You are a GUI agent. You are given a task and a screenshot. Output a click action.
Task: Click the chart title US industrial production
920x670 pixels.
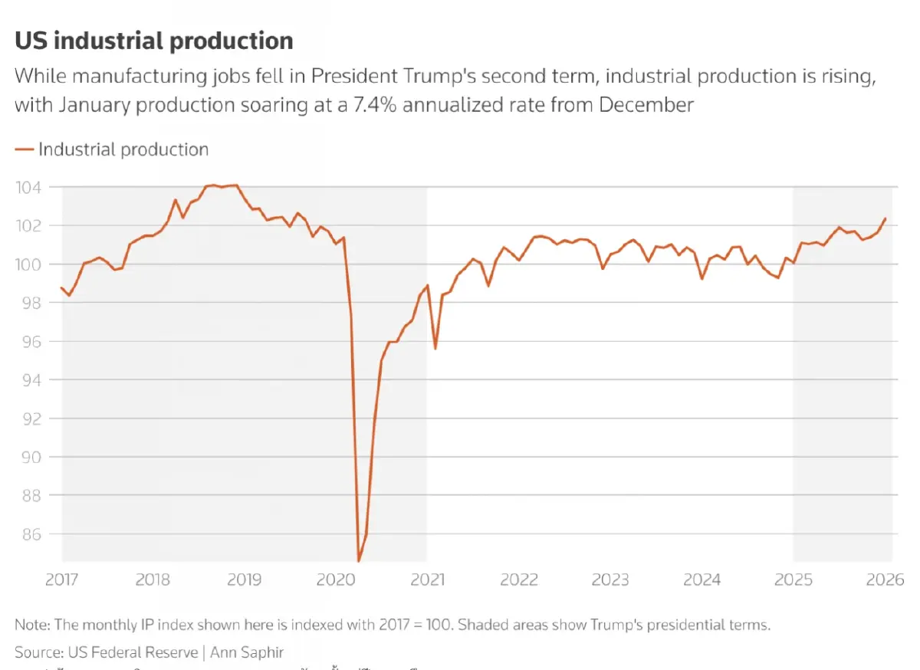click(153, 40)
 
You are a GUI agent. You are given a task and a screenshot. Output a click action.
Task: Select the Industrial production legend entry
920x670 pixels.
click(123, 149)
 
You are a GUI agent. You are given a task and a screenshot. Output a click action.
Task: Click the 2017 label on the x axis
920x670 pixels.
click(62, 580)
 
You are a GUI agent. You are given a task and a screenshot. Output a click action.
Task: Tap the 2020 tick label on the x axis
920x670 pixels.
click(336, 580)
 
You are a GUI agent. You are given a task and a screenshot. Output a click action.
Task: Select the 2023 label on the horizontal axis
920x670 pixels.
click(610, 580)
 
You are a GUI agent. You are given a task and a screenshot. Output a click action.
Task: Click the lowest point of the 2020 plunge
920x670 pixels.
click(358, 561)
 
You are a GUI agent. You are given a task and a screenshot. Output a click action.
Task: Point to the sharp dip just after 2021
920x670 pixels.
click(435, 349)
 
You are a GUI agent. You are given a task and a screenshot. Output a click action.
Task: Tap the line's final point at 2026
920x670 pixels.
click(886, 218)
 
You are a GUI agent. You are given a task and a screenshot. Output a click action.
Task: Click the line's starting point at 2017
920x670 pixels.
click(61, 287)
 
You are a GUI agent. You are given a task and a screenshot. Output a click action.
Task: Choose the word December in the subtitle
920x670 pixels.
click(646, 104)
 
